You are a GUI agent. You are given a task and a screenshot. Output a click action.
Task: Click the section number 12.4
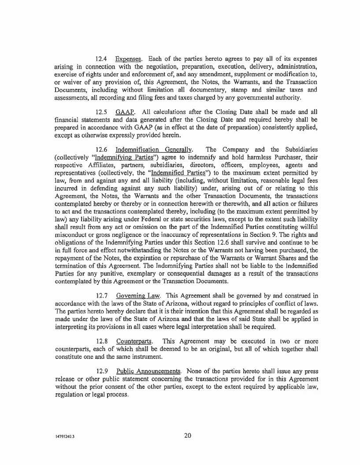[102, 59]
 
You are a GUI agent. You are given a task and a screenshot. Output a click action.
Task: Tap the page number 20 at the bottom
[187, 436]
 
